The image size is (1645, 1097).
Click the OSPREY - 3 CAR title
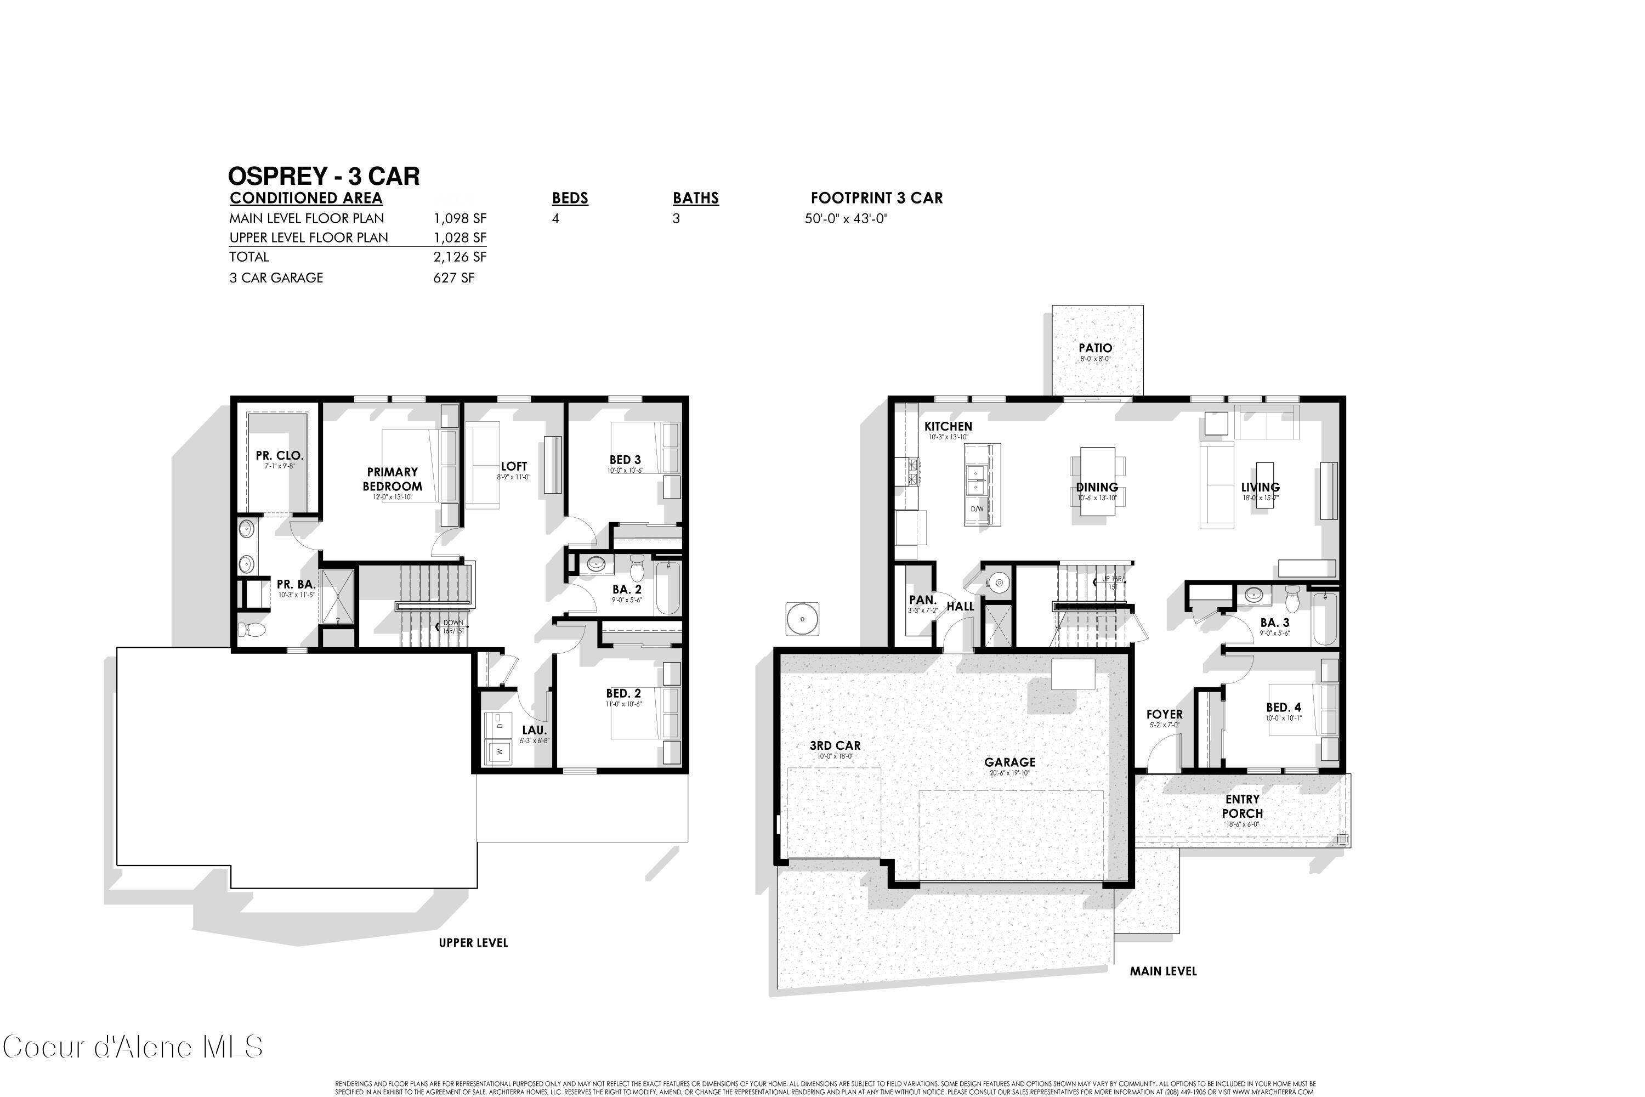click(324, 176)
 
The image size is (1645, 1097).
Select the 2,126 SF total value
click(460, 257)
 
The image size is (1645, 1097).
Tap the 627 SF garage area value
click(453, 278)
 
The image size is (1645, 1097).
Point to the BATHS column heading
click(695, 198)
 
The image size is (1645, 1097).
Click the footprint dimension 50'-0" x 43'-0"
click(846, 218)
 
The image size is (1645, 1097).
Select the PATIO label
click(1094, 348)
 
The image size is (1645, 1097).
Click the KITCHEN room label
click(948, 426)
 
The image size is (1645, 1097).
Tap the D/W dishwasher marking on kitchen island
click(977, 508)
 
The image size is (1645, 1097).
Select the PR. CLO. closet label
click(279, 455)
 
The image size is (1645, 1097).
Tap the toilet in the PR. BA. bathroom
click(252, 630)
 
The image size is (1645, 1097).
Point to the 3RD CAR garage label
click(835, 746)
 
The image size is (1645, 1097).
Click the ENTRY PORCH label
click(1242, 806)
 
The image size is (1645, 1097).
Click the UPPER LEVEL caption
click(473, 942)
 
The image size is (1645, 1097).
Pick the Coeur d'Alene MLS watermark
click(133, 1047)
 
